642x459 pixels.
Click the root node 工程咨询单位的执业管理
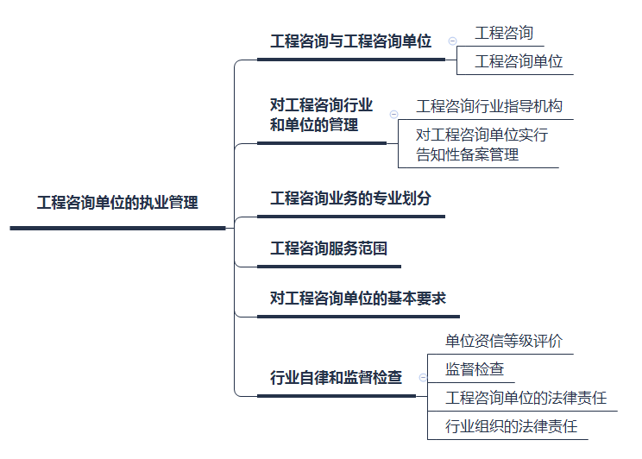point(116,204)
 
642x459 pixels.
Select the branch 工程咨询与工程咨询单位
point(351,41)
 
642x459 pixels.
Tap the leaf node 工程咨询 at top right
point(504,34)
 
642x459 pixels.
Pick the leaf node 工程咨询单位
point(519,61)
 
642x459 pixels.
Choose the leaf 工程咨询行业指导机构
point(488,106)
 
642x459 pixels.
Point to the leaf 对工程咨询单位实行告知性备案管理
point(482,145)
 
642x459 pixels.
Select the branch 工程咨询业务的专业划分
point(350,198)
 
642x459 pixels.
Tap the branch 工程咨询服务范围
point(329,249)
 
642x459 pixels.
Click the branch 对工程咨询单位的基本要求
point(357,299)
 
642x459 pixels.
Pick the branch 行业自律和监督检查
point(336,377)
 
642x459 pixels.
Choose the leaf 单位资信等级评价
point(503,341)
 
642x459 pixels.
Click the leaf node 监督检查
point(474,369)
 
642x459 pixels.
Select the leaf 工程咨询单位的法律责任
point(526,398)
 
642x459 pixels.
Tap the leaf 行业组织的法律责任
point(511,425)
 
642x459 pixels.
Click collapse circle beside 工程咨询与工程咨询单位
point(452,41)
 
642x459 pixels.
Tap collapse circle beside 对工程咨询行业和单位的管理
point(393,115)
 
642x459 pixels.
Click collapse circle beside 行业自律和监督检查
point(423,377)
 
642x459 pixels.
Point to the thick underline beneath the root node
point(116,228)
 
